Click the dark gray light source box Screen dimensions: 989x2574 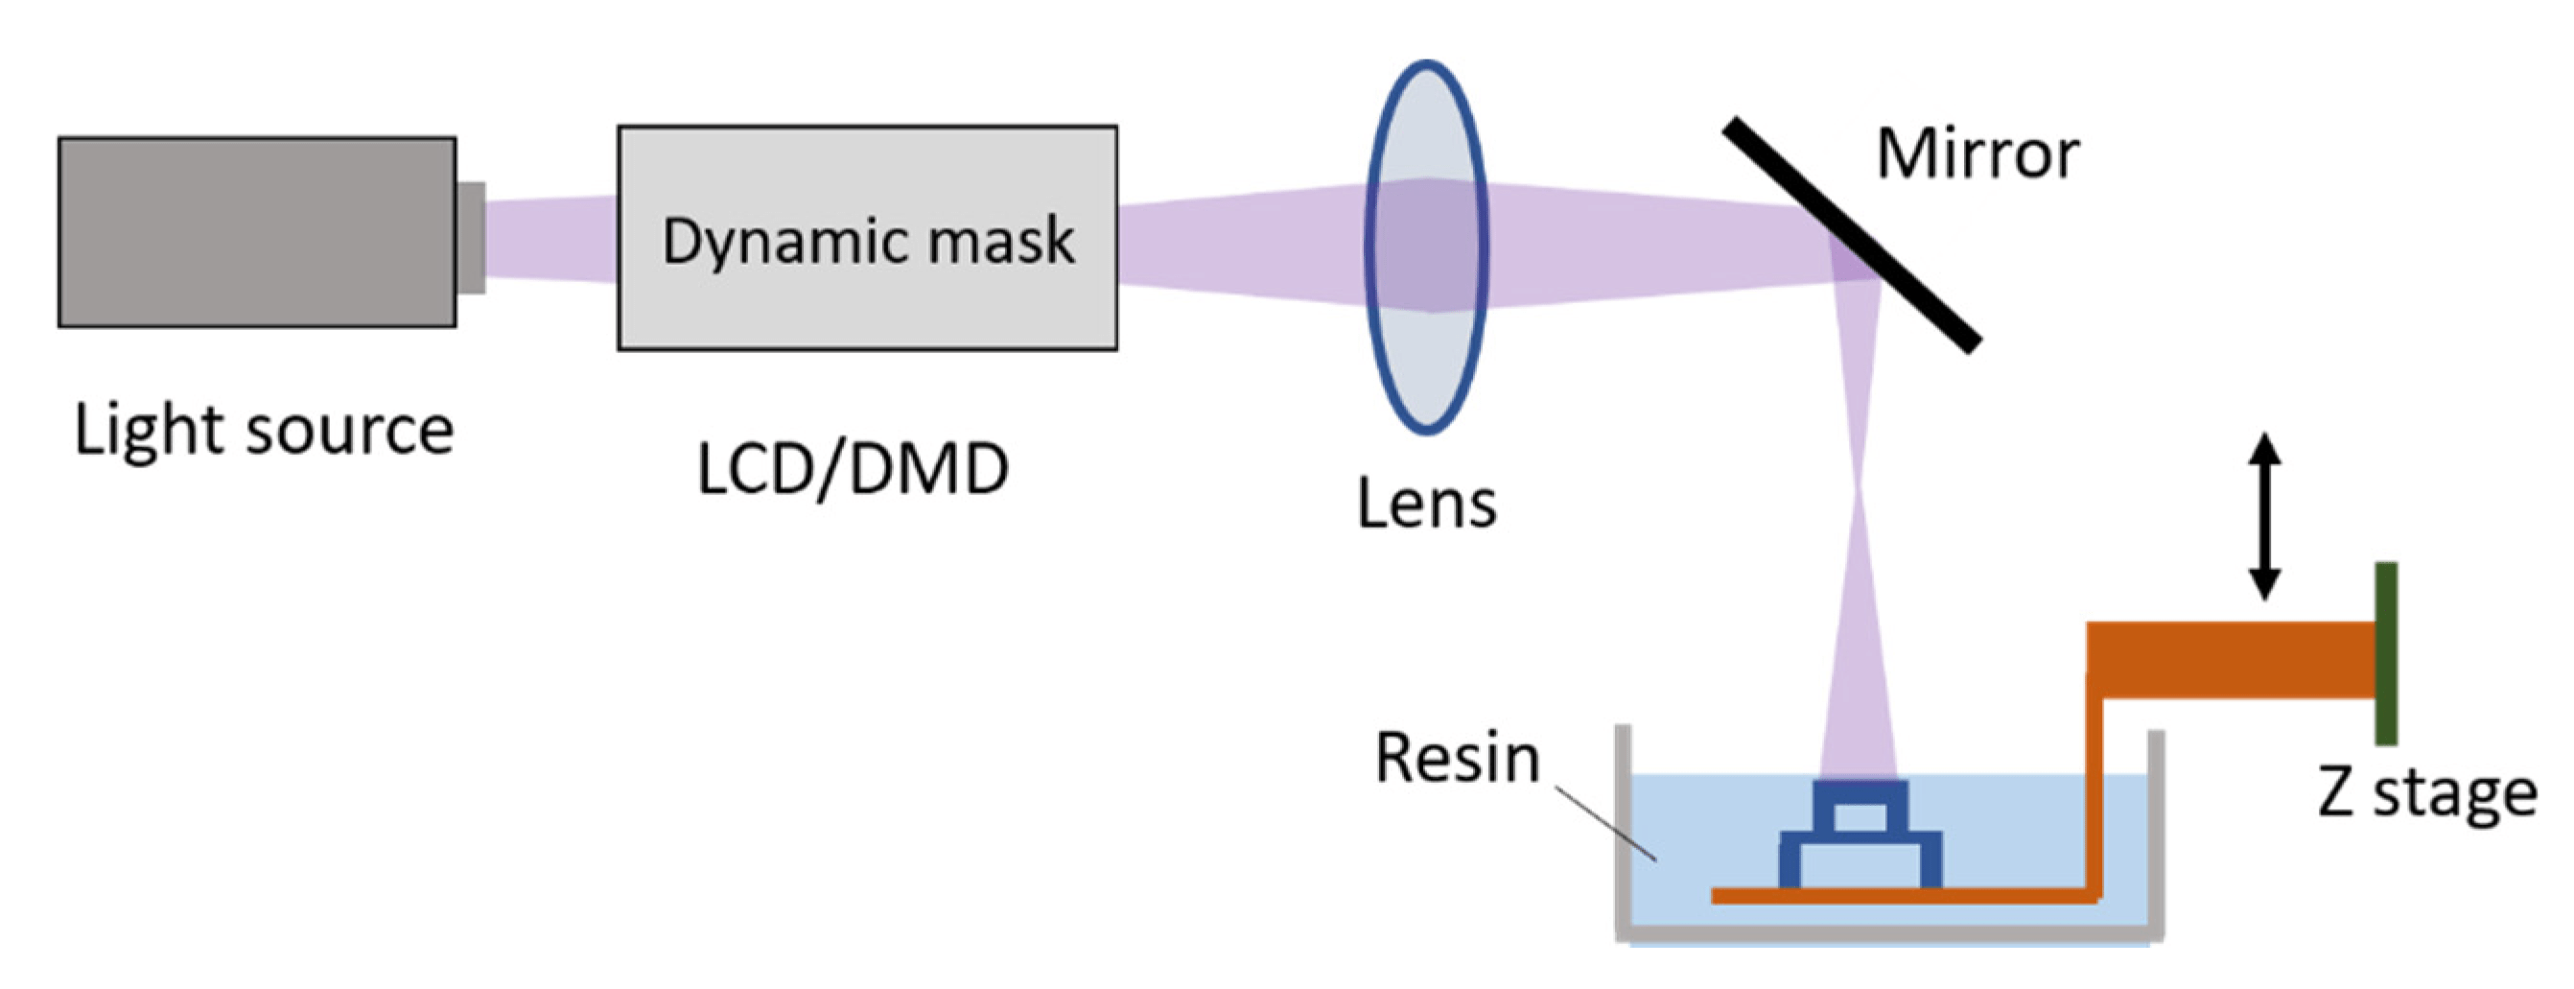(x=256, y=232)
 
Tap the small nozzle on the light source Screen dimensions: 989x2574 (x=472, y=238)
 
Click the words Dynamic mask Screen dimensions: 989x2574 (x=867, y=241)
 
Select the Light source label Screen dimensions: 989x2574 (x=264, y=432)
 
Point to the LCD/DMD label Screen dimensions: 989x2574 (x=852, y=469)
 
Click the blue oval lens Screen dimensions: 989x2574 (x=1426, y=247)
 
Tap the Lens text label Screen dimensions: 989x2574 (x=1426, y=504)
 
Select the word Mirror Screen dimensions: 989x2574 (x=1977, y=154)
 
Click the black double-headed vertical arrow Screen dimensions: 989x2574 (x=2264, y=516)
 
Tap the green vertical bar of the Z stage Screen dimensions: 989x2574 (x=2386, y=653)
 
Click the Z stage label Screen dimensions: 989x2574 (x=2426, y=793)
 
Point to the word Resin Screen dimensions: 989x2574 (x=1457, y=758)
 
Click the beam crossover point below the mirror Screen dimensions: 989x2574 (x=1860, y=497)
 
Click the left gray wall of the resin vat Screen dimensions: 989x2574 (x=1624, y=829)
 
